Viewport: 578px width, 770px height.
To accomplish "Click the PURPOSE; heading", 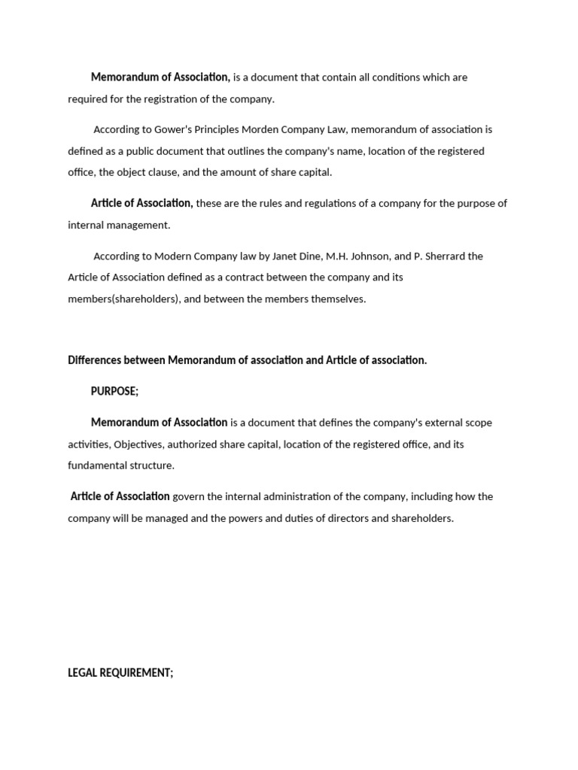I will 114,391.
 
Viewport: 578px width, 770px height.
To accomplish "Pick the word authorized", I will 190,444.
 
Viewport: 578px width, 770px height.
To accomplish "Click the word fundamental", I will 98,465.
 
